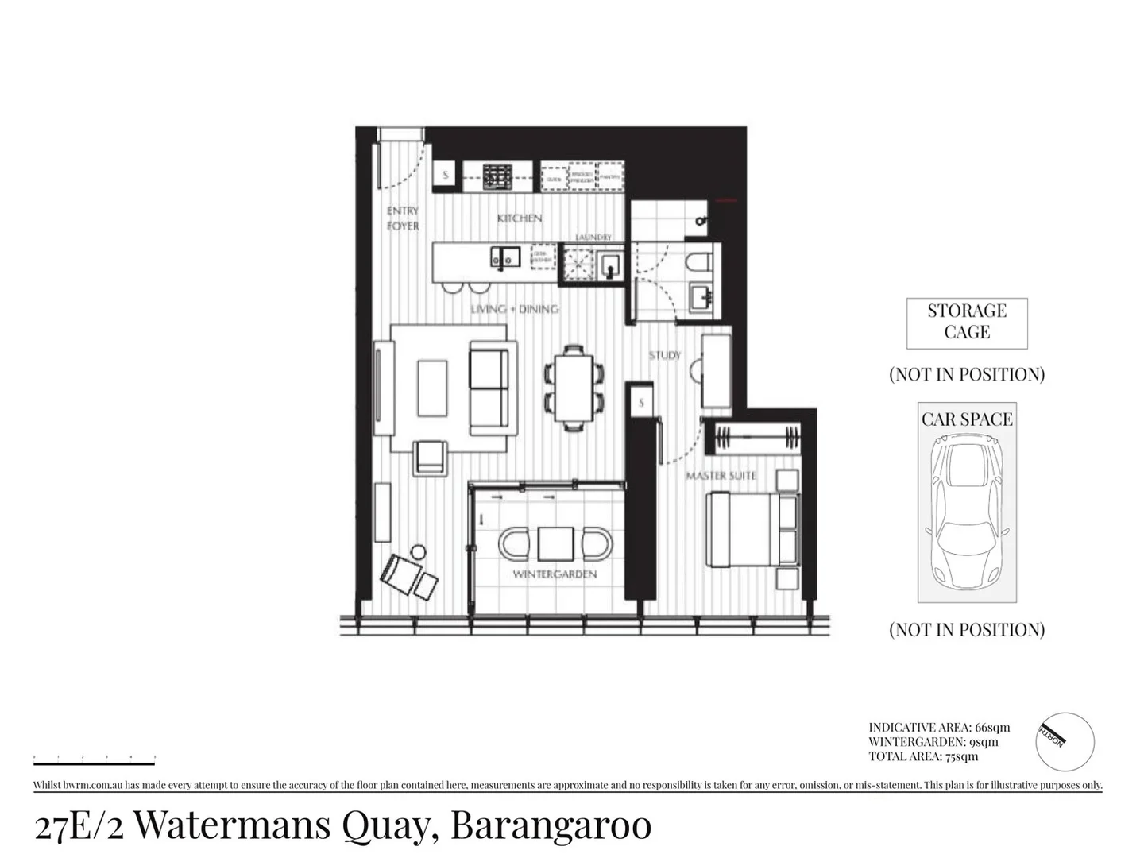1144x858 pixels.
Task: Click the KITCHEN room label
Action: (x=520, y=218)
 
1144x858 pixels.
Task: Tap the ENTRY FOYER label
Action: (x=403, y=218)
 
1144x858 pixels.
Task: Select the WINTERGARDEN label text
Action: (x=555, y=574)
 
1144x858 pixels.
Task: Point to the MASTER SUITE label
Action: (x=721, y=476)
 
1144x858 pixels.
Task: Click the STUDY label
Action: (x=664, y=356)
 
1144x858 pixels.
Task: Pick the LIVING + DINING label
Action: (x=515, y=309)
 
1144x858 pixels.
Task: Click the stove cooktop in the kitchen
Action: (x=497, y=176)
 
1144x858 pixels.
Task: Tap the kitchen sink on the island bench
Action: (x=504, y=257)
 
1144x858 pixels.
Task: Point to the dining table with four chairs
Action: (x=574, y=388)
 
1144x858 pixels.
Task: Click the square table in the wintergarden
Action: (x=555, y=544)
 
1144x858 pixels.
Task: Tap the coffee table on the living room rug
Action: (x=432, y=388)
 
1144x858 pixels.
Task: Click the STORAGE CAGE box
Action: (x=967, y=323)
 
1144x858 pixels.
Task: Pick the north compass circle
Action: (x=1065, y=741)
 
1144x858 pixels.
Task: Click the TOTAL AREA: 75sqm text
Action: (x=923, y=756)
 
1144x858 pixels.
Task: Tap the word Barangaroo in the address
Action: (x=551, y=825)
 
